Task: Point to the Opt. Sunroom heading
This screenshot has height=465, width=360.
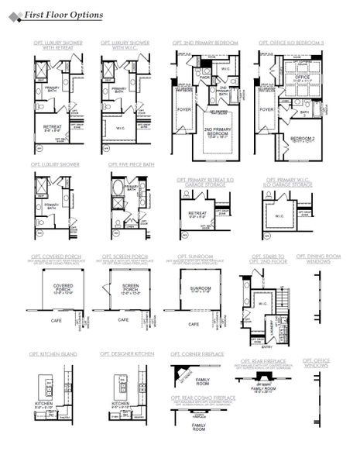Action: pyautogui.click(x=194, y=256)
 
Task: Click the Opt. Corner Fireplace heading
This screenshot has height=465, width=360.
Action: pyautogui.click(x=198, y=353)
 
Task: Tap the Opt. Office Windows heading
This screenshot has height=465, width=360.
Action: pyautogui.click(x=317, y=363)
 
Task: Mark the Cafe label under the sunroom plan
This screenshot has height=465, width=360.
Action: pyautogui.click(x=194, y=324)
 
